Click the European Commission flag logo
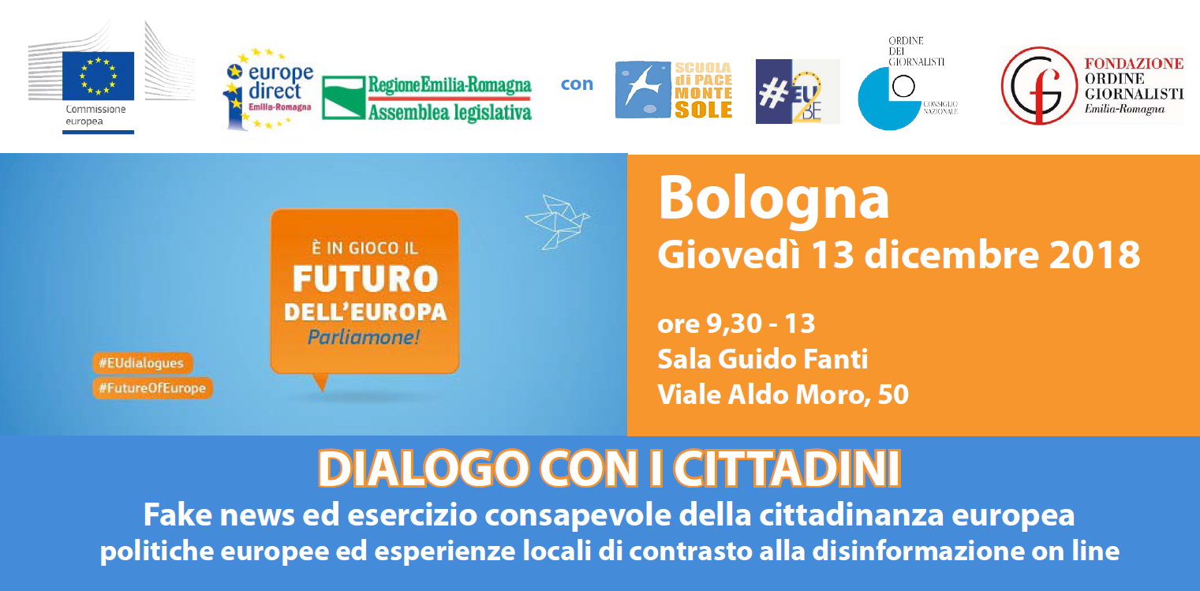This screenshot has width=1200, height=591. (x=98, y=76)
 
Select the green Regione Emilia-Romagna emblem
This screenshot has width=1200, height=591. (x=343, y=98)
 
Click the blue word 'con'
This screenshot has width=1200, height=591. (x=577, y=84)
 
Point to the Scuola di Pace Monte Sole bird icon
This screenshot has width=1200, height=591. (x=643, y=89)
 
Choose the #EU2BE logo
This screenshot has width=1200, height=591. (x=798, y=92)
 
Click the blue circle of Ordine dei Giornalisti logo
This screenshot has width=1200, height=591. (x=888, y=99)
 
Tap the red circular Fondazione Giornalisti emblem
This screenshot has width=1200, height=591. (x=1039, y=86)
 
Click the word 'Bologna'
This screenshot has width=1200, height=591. (x=774, y=198)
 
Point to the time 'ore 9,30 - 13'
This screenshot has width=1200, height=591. (x=737, y=324)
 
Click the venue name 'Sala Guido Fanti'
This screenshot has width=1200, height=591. (x=763, y=359)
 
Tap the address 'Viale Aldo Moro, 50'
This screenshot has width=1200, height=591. (x=783, y=395)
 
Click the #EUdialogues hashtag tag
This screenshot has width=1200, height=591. (x=143, y=363)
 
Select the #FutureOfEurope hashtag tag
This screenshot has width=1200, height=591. (x=153, y=388)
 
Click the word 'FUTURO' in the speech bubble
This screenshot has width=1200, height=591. (x=365, y=279)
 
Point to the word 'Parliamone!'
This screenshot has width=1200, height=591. (x=364, y=338)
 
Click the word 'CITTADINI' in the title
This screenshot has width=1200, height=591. (x=787, y=469)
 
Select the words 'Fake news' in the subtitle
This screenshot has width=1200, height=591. (x=219, y=515)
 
